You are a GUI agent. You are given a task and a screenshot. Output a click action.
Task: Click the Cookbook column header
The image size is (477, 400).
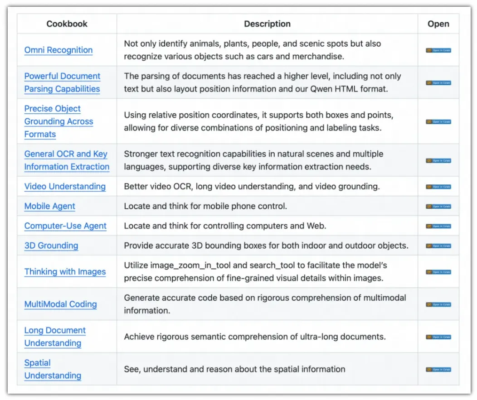coord(67,24)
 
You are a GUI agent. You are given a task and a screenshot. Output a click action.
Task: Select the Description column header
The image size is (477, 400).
coord(267,24)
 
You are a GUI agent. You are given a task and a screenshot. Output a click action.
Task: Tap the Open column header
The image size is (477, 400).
coord(438,24)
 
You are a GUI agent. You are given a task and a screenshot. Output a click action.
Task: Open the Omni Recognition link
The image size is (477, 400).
coord(58,50)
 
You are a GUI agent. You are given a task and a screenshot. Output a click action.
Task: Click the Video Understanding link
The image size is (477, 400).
coord(65,187)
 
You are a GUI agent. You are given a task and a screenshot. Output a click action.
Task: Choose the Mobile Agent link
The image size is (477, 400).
coord(50,207)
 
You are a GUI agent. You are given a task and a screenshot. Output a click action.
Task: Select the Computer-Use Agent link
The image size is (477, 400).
coord(65,226)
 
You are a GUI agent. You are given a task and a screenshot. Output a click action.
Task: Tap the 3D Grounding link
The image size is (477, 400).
coord(51,246)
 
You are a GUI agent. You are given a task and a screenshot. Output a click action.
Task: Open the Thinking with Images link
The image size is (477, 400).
coord(65,272)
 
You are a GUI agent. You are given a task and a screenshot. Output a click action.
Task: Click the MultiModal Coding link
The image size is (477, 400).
coord(60,304)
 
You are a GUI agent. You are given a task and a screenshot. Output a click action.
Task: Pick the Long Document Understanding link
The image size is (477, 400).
coord(55,337)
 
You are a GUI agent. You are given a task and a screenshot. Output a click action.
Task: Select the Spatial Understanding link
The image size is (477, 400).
coord(53,370)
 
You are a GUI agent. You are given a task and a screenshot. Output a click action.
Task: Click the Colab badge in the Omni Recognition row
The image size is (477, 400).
coord(438,51)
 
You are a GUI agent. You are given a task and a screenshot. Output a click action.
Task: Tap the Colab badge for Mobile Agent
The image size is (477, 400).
coord(438,207)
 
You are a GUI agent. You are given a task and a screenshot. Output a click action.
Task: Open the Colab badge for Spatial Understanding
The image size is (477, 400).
coord(438,370)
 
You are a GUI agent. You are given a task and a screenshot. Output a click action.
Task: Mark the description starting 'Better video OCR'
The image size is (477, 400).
coord(252,187)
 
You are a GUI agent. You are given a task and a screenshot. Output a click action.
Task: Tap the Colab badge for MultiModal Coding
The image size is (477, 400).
coord(438,304)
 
